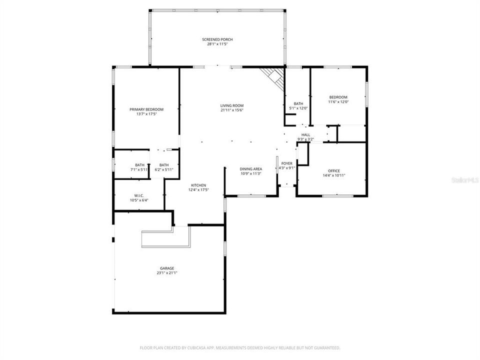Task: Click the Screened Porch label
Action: (217, 39)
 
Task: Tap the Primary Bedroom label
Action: (146, 109)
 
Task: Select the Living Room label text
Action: (232, 105)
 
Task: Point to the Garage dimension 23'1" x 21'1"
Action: (167, 273)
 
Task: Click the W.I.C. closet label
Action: (139, 195)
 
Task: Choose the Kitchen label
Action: (198, 185)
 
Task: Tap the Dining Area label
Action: (250, 169)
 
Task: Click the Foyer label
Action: (286, 163)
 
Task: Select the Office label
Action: (334, 171)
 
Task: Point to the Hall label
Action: (305, 135)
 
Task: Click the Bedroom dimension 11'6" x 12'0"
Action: (338, 102)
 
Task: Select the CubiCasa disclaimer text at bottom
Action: (240, 347)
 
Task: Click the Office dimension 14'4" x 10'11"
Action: (334, 175)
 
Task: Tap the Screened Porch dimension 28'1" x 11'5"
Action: (217, 44)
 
